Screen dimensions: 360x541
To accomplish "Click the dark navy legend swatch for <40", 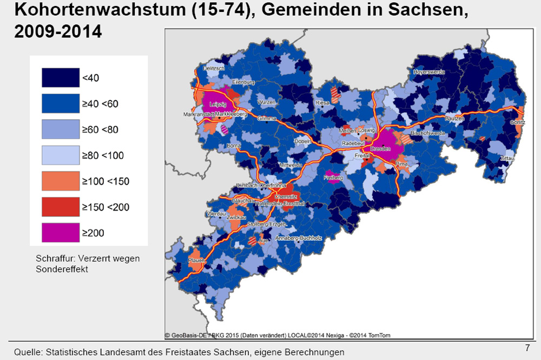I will pyautogui.click(x=60, y=78).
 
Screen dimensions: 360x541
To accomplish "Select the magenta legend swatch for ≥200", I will pyautogui.click(x=60, y=233).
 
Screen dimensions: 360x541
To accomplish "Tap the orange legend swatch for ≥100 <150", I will pyautogui.click(x=60, y=181).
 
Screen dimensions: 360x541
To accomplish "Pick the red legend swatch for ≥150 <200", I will pyautogui.click(x=60, y=207).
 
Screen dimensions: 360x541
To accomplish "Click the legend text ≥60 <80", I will pyautogui.click(x=100, y=130).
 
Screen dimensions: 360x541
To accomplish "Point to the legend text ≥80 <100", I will pyautogui.click(x=103, y=156).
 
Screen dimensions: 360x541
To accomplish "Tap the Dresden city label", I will pyautogui.click(x=381, y=148).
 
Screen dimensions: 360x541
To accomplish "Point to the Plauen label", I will pyautogui.click(x=196, y=260).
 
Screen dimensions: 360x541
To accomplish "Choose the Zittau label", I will pyautogui.click(x=507, y=159).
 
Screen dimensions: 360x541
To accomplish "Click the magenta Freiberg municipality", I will pyautogui.click(x=333, y=178).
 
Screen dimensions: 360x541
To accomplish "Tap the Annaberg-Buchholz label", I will pyautogui.click(x=299, y=238).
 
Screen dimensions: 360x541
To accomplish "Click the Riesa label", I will pyautogui.click(x=322, y=103).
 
